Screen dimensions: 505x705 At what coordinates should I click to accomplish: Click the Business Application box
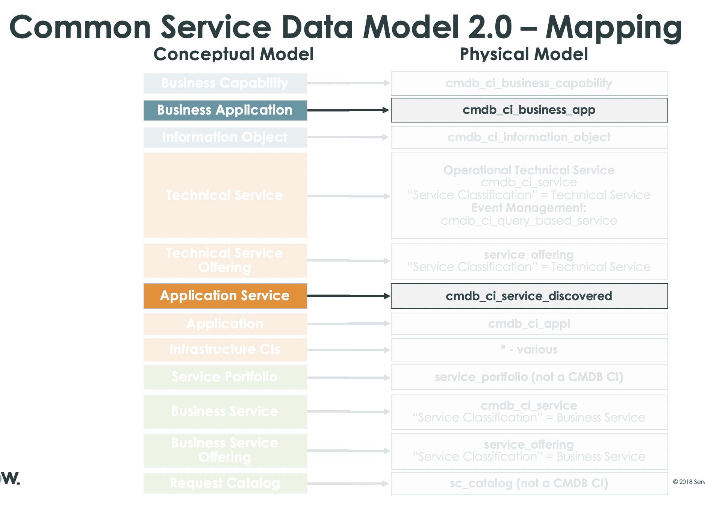[x=225, y=110]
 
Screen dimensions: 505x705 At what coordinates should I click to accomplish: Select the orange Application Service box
[x=225, y=296]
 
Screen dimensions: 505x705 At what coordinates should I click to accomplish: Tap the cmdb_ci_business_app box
[x=529, y=110]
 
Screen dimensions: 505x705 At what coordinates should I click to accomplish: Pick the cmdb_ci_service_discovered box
[x=529, y=296]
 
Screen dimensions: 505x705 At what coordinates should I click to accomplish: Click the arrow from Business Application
[x=348, y=110]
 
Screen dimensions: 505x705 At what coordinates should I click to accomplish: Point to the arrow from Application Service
[x=348, y=296]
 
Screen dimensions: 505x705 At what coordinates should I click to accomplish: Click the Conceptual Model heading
[x=233, y=54]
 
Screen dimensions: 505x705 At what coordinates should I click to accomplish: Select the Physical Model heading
[x=524, y=54]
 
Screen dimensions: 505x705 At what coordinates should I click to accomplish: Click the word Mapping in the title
[x=613, y=27]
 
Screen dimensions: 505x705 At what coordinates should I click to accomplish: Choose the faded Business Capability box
[x=225, y=83]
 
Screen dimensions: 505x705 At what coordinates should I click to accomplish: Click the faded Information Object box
[x=225, y=137]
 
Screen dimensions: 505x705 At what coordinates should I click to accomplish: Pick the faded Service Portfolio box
[x=225, y=377]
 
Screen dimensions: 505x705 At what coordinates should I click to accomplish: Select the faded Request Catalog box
[x=225, y=483]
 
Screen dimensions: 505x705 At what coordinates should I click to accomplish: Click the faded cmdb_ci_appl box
[x=529, y=324]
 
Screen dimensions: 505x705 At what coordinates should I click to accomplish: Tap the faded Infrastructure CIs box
[x=225, y=349]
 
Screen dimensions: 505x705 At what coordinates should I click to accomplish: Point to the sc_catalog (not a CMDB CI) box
[x=529, y=483]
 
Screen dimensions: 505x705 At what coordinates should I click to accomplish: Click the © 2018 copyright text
[x=688, y=482]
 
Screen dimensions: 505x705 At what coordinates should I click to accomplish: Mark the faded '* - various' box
[x=529, y=349]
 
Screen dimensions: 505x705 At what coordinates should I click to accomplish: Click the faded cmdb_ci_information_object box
[x=529, y=137]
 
